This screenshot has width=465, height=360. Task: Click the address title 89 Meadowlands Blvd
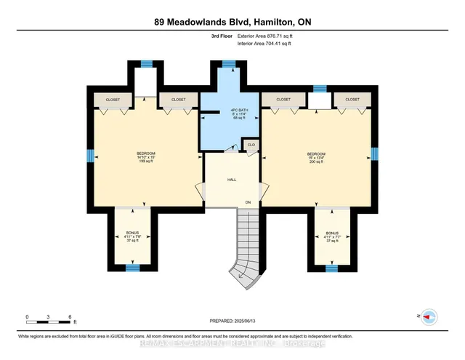(x=232, y=22)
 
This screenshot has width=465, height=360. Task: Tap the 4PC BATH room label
(x=230, y=113)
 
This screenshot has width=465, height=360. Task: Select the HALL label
(x=232, y=180)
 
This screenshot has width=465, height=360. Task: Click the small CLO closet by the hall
(x=251, y=144)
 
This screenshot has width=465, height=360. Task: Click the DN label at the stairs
(x=248, y=201)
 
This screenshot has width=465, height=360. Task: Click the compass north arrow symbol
(x=427, y=316)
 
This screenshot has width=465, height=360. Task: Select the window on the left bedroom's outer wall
(x=91, y=155)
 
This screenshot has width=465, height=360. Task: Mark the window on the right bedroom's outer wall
(x=374, y=153)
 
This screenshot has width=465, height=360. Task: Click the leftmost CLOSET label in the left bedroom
(x=113, y=99)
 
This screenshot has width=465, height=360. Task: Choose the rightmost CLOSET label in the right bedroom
(x=352, y=99)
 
